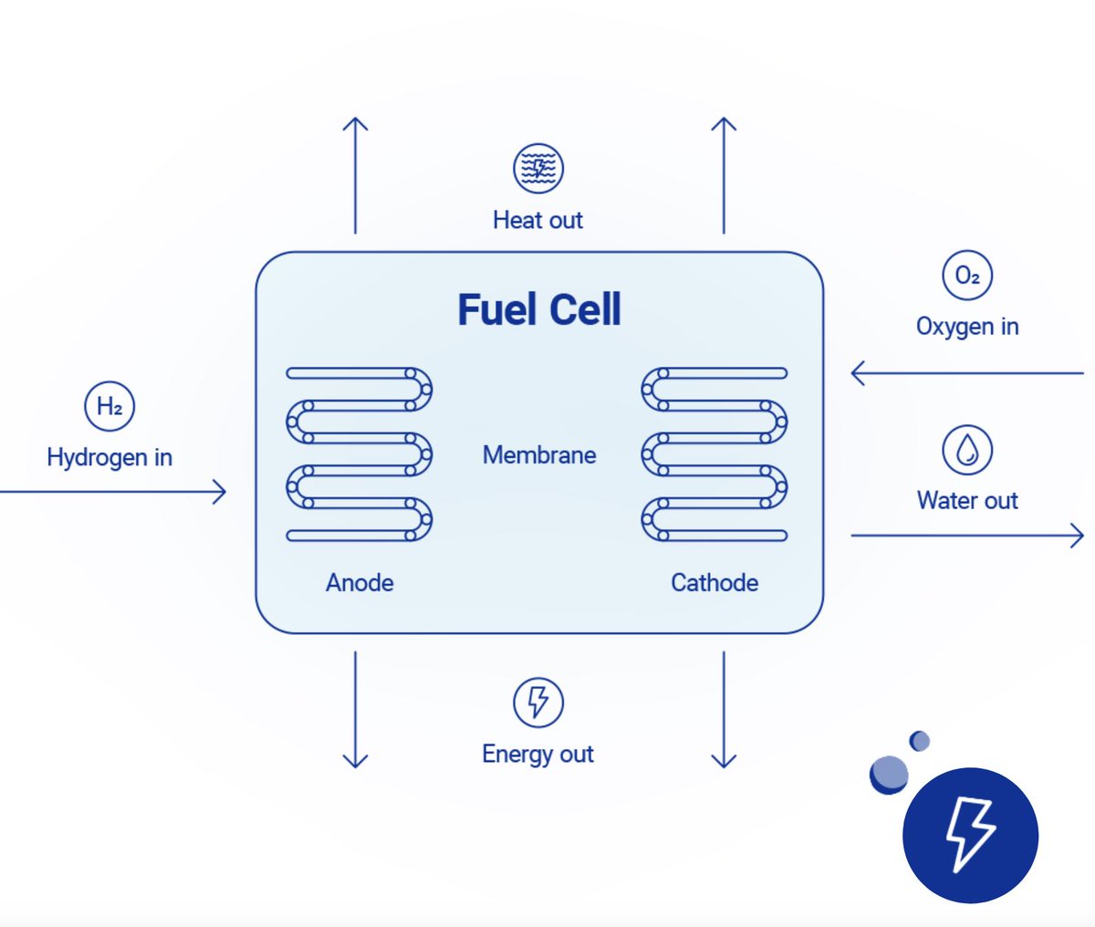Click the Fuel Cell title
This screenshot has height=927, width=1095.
coord(538,310)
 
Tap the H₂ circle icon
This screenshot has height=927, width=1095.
coord(109,407)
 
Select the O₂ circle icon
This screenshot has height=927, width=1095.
coord(967,276)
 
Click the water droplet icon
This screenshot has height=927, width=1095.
coord(967,450)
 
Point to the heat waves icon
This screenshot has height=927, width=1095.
coord(538,168)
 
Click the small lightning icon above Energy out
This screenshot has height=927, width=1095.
coord(538,703)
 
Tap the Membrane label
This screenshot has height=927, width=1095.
coord(539,454)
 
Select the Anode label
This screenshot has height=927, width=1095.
coord(360,582)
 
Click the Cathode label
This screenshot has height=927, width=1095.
coord(714,582)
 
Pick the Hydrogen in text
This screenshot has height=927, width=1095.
coord(109,457)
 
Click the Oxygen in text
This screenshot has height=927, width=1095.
coord(967,327)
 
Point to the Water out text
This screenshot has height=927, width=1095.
coord(967,500)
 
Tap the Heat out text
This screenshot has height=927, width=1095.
coord(537,220)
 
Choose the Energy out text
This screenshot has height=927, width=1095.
coord(537,755)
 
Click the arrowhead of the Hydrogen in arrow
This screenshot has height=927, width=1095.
coord(220,492)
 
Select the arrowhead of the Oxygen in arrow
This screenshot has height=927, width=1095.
coord(857,373)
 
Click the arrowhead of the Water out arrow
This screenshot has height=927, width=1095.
coord(1078,536)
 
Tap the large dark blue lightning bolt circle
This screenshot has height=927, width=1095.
coord(970,835)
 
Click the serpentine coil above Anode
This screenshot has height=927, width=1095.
coord(359,454)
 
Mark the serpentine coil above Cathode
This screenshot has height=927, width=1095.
coord(714,454)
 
